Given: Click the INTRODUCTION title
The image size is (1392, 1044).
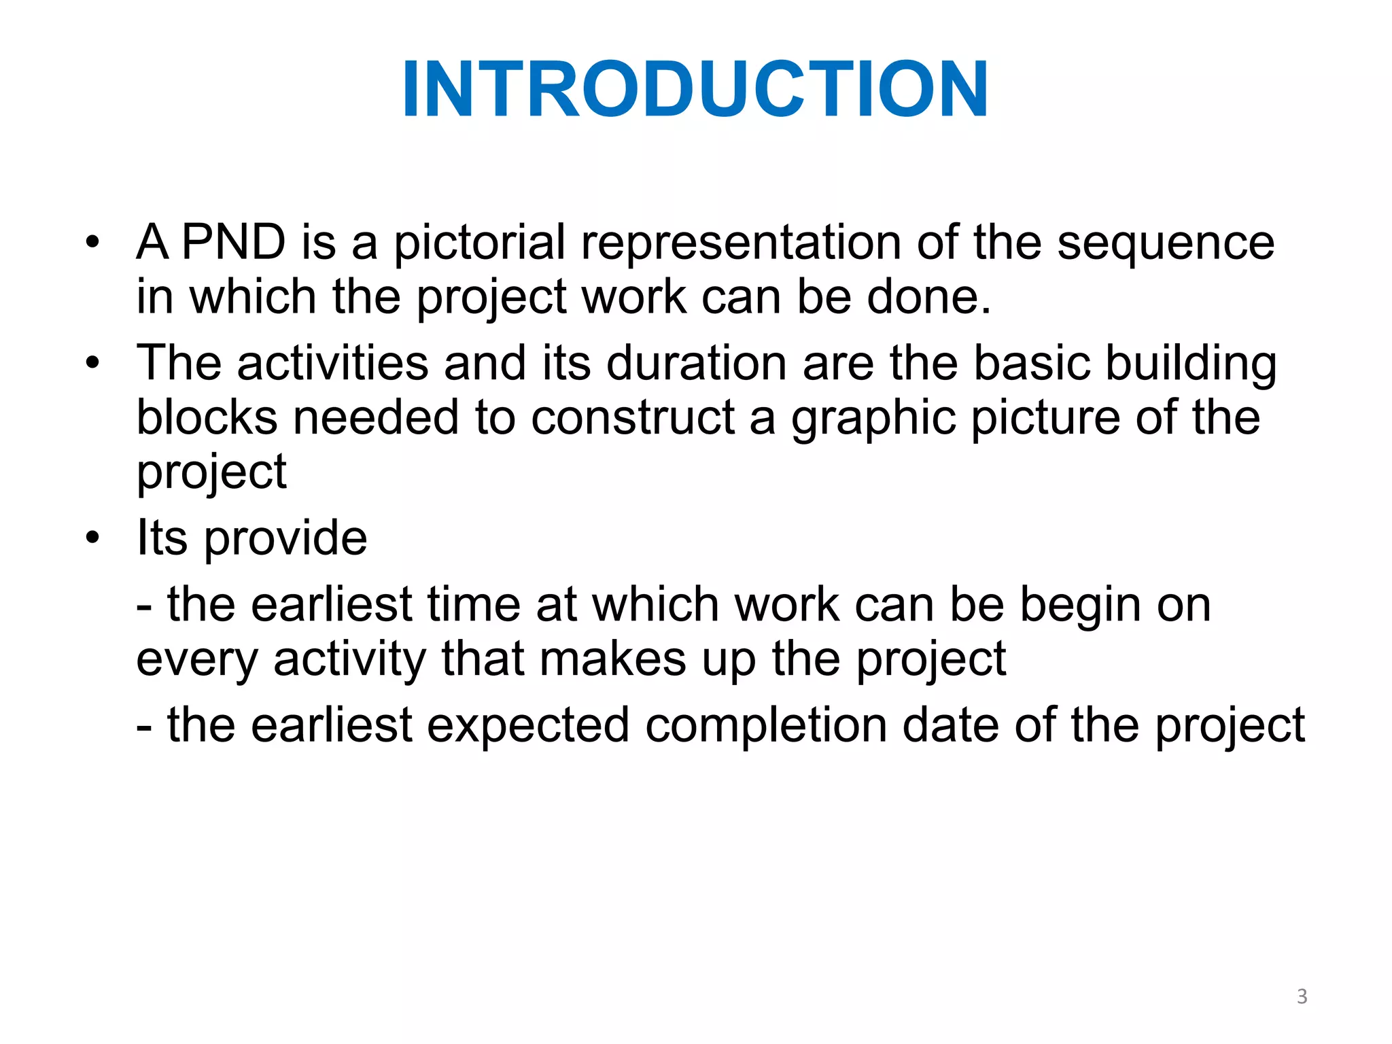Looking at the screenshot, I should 695,90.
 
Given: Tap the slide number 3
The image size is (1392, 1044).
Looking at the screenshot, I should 1302,996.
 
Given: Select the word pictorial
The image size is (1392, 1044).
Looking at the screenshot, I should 479,243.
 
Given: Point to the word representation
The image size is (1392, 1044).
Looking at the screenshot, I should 741,243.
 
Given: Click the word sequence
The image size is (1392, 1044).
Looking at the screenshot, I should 1166,243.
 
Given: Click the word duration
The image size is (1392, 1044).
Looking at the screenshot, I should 696,363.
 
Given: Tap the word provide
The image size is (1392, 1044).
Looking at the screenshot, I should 285,538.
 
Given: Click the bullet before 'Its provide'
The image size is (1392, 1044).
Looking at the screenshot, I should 92,538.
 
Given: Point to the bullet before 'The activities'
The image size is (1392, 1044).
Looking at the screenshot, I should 92,363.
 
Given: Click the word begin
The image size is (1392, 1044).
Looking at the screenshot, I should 1080,606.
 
